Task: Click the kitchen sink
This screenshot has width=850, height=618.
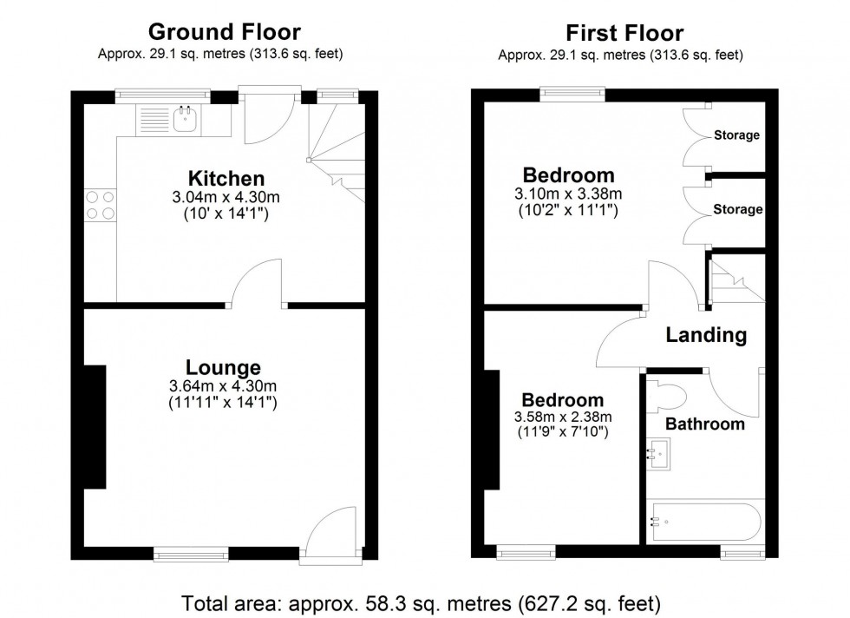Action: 184,119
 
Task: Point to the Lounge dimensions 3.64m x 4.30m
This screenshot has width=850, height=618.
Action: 224,386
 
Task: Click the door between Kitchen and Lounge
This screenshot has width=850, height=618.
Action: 258,286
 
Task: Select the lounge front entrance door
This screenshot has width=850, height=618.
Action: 334,531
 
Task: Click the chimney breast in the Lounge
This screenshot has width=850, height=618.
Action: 94,427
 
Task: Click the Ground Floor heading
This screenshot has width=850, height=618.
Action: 225,32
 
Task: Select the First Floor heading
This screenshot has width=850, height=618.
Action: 624,34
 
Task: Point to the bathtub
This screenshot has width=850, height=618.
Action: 704,522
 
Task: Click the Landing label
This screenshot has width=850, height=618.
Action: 705,335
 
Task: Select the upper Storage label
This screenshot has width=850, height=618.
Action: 736,135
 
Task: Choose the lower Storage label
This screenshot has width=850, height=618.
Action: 737,209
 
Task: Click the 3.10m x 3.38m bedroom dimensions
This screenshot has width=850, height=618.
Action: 568,194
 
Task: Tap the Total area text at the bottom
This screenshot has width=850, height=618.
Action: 421,602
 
